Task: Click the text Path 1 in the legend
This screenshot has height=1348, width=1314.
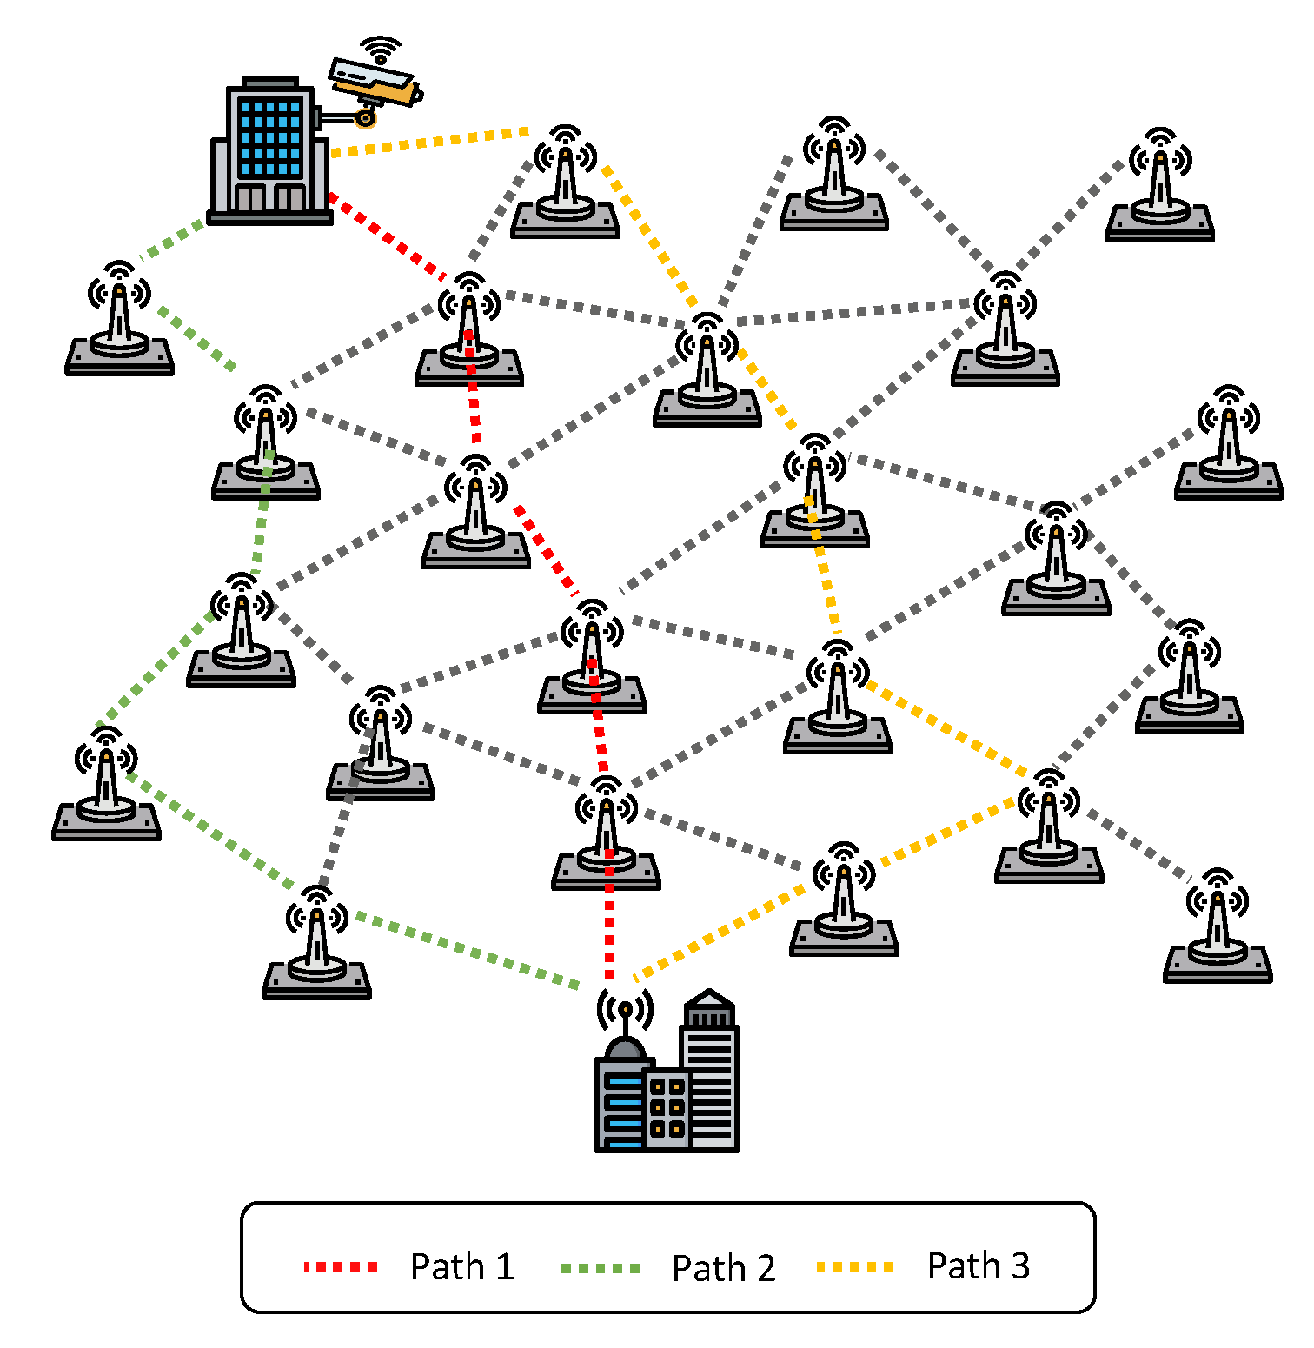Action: click(461, 1266)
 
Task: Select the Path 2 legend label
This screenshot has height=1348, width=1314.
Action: click(723, 1268)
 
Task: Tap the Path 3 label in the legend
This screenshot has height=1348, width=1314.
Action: click(978, 1265)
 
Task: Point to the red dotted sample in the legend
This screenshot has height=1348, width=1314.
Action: click(341, 1267)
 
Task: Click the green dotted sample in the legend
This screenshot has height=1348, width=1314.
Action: click(601, 1268)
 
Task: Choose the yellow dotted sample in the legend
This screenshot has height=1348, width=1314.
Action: click(855, 1267)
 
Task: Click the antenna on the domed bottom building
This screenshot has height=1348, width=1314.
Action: click(625, 1013)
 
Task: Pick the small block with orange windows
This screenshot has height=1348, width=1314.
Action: click(667, 1108)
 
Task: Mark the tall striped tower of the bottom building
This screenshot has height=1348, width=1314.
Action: click(711, 1078)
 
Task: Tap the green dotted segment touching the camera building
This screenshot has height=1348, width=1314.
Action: click(175, 239)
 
